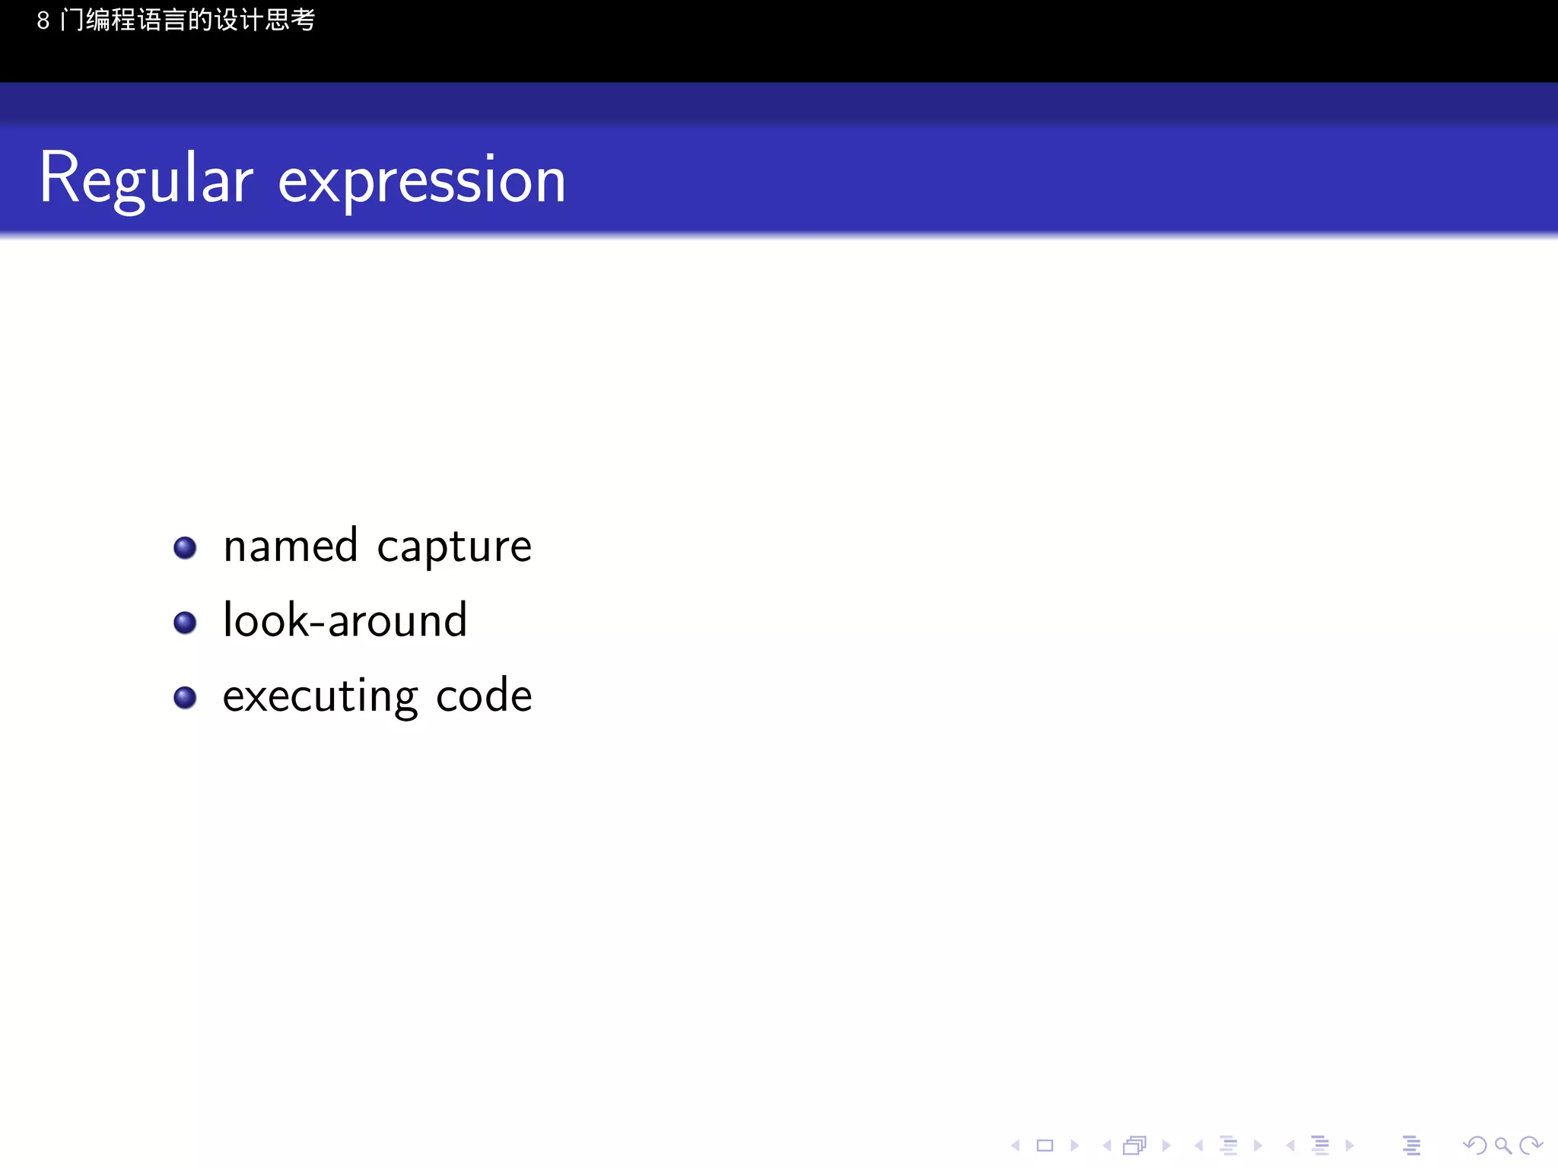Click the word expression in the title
422,181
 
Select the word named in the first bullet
291,546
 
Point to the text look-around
345,620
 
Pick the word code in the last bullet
484,696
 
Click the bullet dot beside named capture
185,548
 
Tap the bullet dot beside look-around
185,623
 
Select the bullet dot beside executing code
185,697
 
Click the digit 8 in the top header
43,21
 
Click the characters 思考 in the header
290,20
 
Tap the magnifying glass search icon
1502,1145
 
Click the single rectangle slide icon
1045,1145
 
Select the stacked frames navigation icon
1134,1145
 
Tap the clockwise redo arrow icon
1531,1145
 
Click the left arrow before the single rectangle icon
1015,1145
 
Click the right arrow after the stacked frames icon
1166,1145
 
